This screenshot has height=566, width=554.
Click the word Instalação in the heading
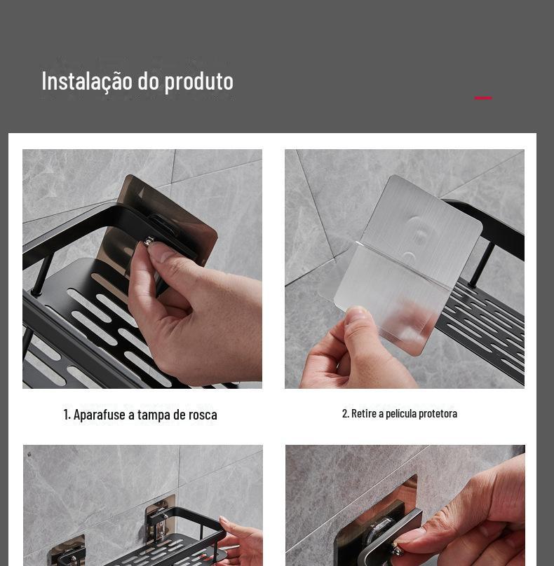[87, 81]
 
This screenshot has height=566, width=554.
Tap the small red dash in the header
[483, 98]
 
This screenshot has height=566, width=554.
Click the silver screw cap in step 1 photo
[149, 240]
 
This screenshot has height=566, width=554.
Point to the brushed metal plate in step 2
[423, 228]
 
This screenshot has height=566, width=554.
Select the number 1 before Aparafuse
[66, 415]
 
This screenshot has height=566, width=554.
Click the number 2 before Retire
[345, 413]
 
